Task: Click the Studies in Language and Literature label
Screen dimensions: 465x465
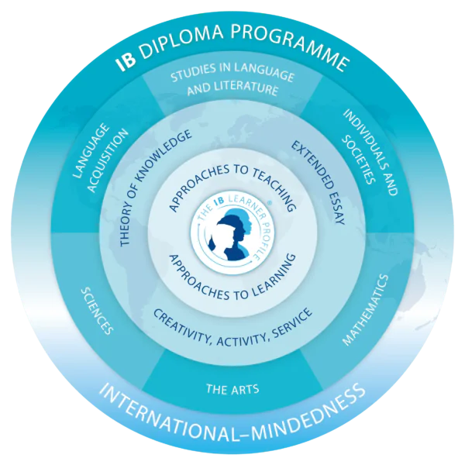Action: (232, 80)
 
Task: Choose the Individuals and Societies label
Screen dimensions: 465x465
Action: (370, 152)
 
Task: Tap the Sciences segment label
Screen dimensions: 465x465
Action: (97, 311)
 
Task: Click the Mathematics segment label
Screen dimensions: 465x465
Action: (366, 310)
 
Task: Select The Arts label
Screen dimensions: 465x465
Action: (232, 389)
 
